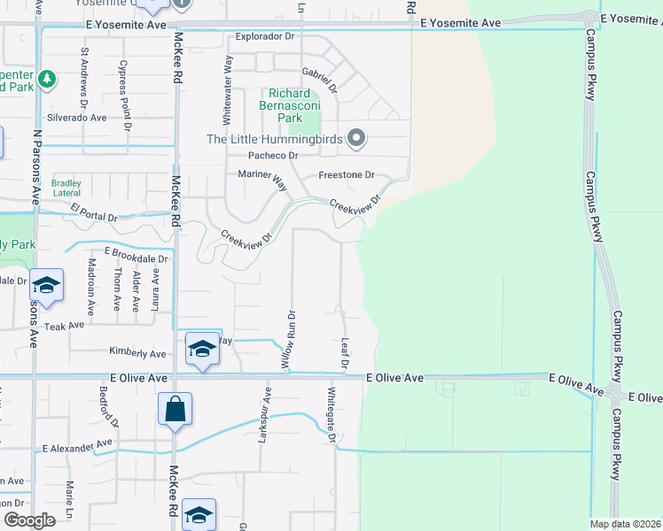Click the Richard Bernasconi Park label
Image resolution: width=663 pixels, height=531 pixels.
pyautogui.click(x=290, y=105)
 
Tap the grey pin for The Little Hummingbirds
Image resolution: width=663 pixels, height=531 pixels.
pyautogui.click(x=356, y=138)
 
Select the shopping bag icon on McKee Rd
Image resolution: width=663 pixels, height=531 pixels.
pyautogui.click(x=175, y=410)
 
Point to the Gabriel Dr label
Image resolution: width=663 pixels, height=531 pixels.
pyautogui.click(x=320, y=79)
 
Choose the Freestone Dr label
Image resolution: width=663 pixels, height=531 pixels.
pyautogui.click(x=347, y=175)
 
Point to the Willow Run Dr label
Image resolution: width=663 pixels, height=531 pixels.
pyautogui.click(x=289, y=339)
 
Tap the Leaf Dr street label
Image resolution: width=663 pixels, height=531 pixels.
pyautogui.click(x=344, y=352)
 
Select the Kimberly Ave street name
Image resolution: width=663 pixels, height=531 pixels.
pyautogui.click(x=137, y=354)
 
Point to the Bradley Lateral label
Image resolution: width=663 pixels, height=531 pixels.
pyautogui.click(x=66, y=188)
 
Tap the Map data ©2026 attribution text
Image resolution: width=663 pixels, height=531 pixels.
pyautogui.click(x=624, y=524)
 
